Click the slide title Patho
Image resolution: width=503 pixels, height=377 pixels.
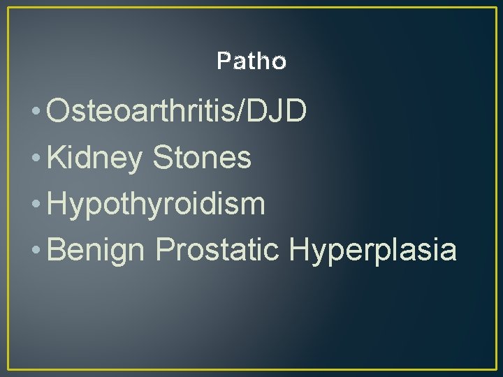click(251, 62)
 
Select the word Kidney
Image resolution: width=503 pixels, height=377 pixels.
click(94, 158)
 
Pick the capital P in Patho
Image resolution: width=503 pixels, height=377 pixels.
click(223, 62)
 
